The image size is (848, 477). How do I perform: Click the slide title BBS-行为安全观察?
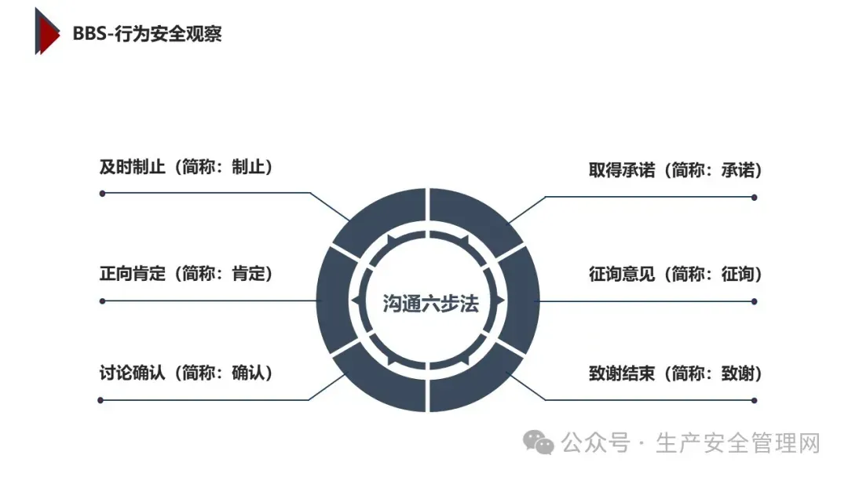[147, 34]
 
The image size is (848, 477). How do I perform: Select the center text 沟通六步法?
[430, 303]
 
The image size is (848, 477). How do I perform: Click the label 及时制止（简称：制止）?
[185, 167]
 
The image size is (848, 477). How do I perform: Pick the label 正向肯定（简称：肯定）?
[185, 274]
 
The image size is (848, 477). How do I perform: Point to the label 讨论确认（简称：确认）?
[185, 373]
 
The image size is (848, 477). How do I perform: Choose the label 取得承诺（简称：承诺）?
[675, 170]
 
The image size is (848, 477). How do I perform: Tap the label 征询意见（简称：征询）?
[675, 275]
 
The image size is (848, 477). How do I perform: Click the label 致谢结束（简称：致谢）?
[675, 374]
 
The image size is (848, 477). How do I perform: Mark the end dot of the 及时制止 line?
[102, 193]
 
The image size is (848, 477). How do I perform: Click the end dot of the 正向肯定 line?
[102, 300]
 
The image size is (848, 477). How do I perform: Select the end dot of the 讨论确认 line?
[101, 400]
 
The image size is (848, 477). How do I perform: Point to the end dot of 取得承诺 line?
[755, 197]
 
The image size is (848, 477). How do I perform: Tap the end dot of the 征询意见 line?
[755, 301]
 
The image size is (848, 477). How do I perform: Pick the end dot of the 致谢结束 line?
[755, 401]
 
